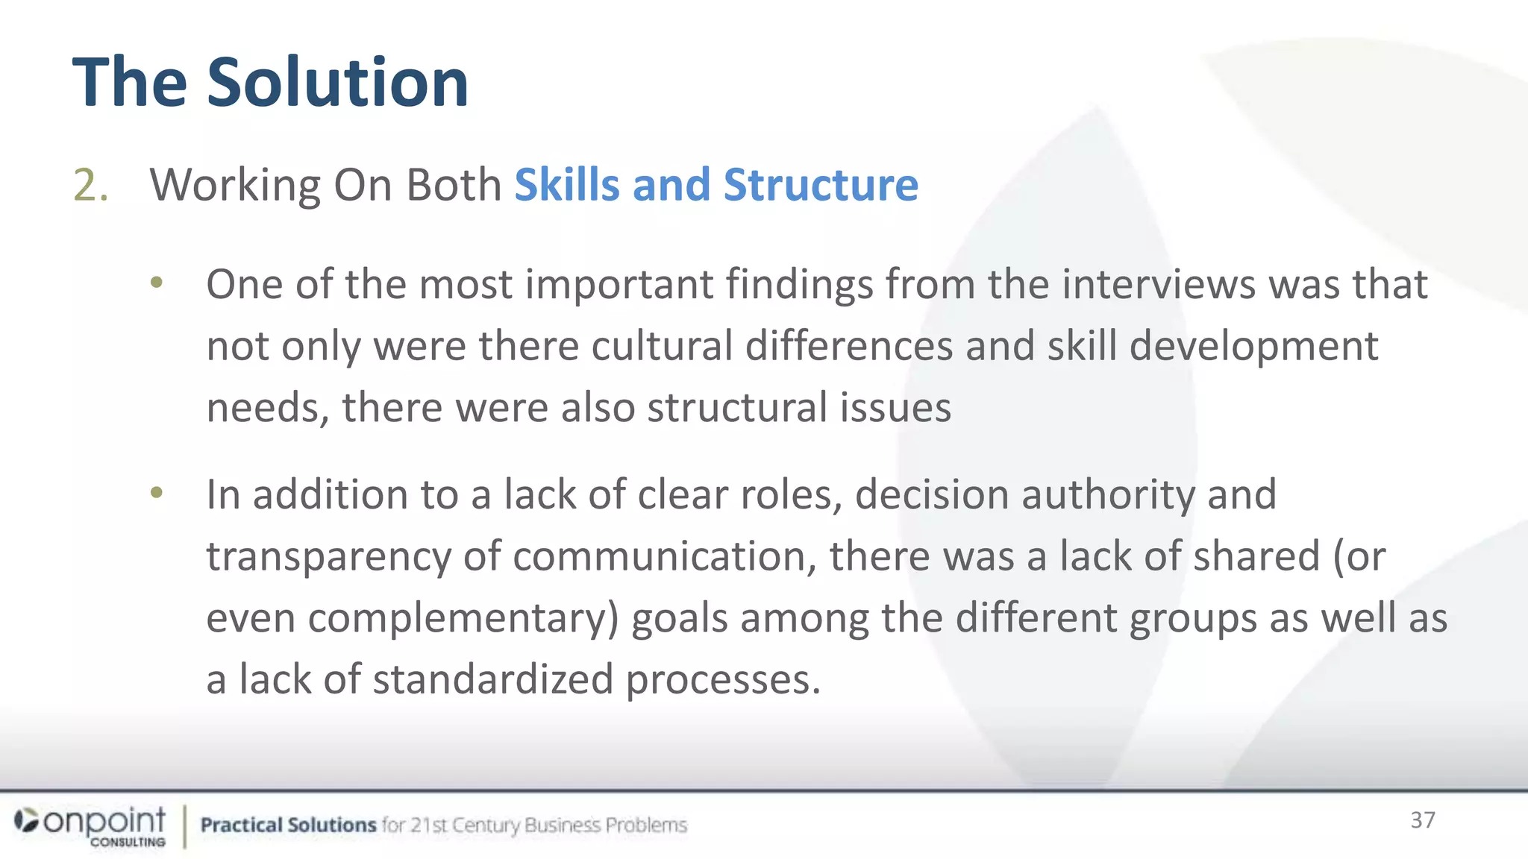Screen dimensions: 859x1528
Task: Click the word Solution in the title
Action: coord(337,82)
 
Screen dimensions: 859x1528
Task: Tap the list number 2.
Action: coord(90,185)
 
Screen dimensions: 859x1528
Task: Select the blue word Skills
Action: coord(566,185)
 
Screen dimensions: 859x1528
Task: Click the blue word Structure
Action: coord(821,185)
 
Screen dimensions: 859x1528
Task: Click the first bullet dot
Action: coord(156,283)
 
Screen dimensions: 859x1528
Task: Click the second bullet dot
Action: coord(156,493)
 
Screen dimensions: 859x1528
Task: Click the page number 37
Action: coord(1422,820)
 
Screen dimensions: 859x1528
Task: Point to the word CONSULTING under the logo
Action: coord(128,842)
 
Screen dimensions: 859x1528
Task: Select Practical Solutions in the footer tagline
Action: coord(288,825)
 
